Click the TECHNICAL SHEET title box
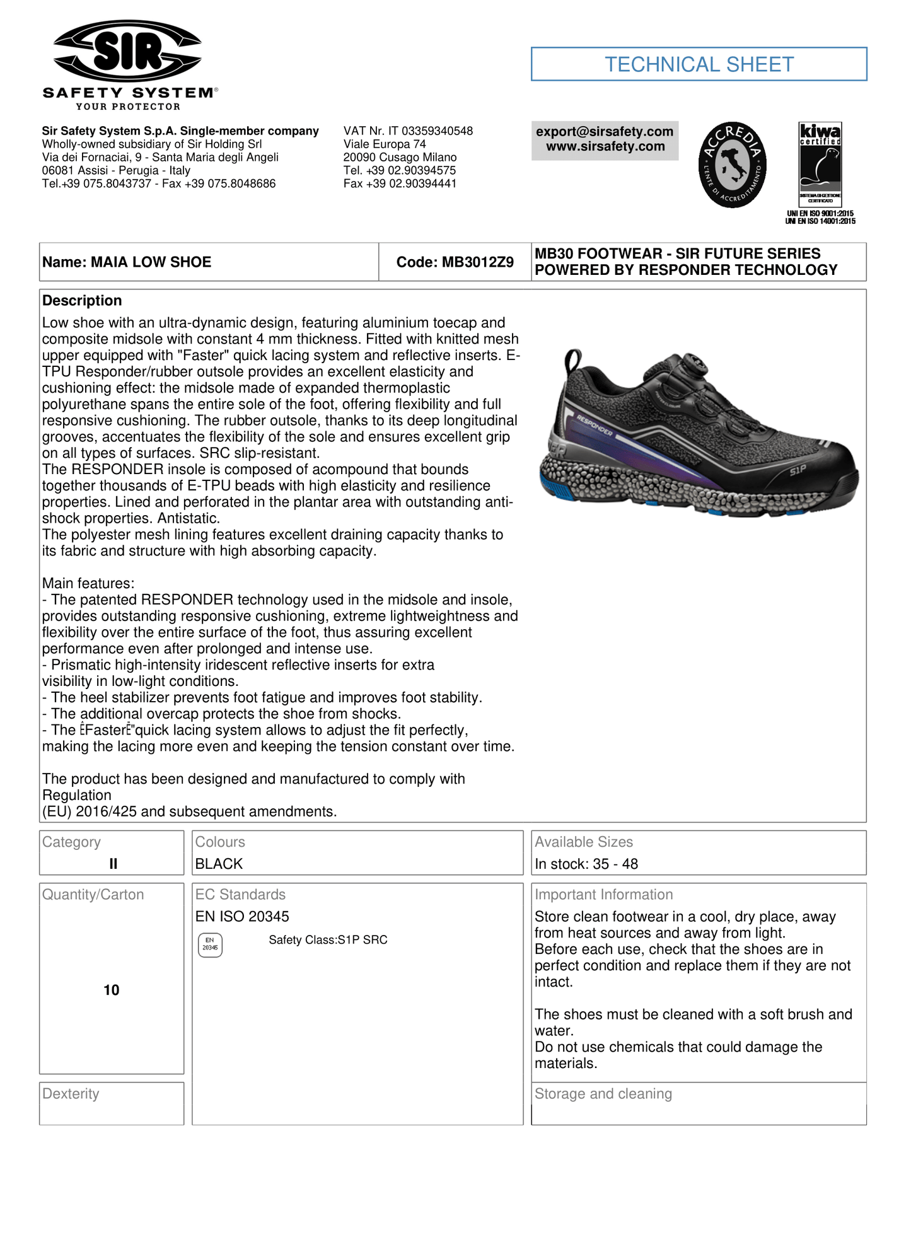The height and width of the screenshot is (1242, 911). tap(699, 64)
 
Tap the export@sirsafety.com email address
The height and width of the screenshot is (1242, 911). tap(605, 132)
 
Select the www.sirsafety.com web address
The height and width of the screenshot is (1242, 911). tap(605, 147)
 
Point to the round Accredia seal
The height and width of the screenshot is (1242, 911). tap(732, 165)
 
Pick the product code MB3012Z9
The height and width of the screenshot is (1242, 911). tap(455, 262)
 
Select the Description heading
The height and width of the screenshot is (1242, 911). tap(82, 301)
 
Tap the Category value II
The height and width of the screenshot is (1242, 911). tap(113, 864)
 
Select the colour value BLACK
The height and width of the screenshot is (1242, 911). tap(219, 864)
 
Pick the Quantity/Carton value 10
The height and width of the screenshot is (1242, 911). tap(112, 990)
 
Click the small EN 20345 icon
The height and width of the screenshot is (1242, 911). tap(210, 944)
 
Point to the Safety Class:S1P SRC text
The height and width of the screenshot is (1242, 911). tap(328, 940)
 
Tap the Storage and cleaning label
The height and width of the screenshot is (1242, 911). tap(603, 1094)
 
